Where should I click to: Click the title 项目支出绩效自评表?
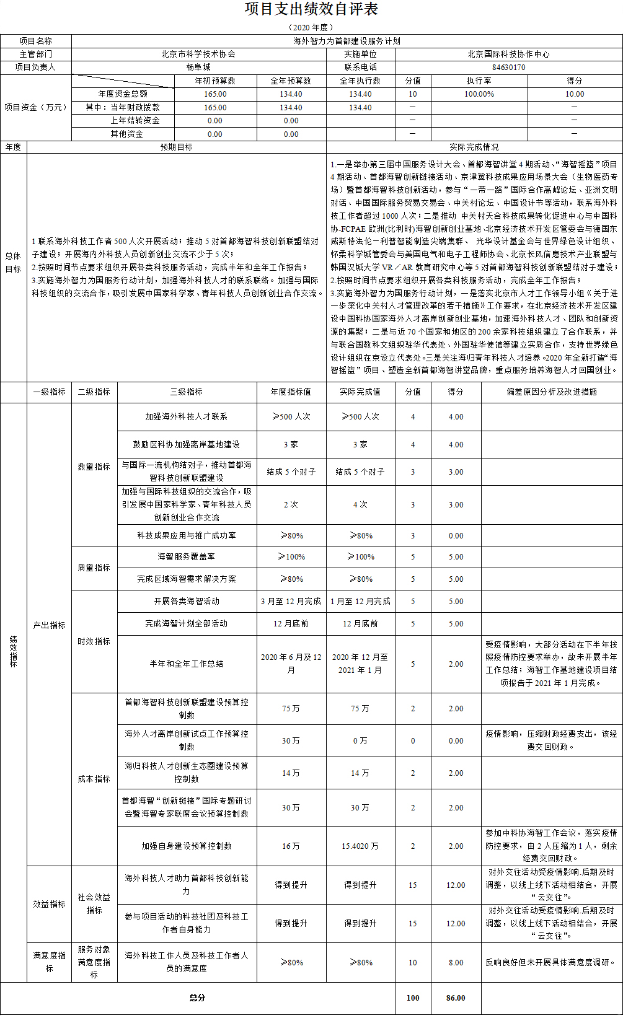[x=311, y=9]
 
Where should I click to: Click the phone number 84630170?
[x=508, y=68]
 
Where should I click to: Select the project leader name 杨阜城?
[x=198, y=68]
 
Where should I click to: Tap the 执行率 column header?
[x=479, y=81]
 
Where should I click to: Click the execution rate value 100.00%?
[x=479, y=94]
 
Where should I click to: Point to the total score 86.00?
[x=456, y=998]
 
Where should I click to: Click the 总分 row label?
[x=197, y=998]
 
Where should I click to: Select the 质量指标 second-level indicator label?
[x=94, y=568]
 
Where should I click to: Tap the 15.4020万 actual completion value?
[x=360, y=846]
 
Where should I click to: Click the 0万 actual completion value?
[x=360, y=740]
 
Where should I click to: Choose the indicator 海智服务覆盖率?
[x=187, y=557]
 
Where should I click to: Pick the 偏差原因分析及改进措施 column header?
[x=551, y=392]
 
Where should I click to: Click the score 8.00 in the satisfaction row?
[x=456, y=963]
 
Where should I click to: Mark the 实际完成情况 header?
[x=474, y=147]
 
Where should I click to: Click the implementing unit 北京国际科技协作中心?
[x=508, y=55]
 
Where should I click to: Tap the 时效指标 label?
[x=94, y=641]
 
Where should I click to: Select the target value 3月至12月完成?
[x=291, y=602]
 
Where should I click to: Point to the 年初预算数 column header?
[x=215, y=81]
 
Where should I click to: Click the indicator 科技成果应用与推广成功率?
[x=187, y=535]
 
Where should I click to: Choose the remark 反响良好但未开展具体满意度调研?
[x=551, y=963]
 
